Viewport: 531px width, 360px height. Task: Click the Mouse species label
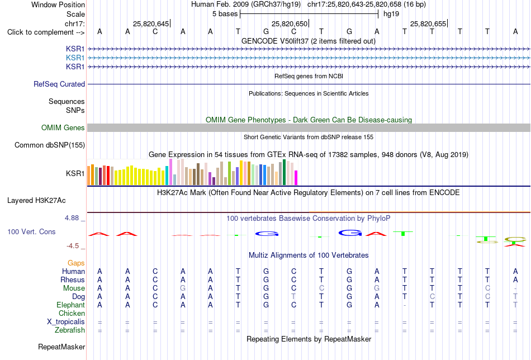point(74,288)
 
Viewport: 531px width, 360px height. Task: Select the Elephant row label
point(70,305)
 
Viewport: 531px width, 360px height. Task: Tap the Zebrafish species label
point(70,330)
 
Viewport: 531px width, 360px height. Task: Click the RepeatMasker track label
point(61,347)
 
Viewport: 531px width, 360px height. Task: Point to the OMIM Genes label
point(63,127)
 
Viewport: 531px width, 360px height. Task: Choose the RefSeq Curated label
point(59,84)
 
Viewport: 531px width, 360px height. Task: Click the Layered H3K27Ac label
point(36,201)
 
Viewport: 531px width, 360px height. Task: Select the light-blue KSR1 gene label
point(75,58)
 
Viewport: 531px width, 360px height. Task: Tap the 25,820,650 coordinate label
point(290,23)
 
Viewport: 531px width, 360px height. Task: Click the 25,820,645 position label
point(151,23)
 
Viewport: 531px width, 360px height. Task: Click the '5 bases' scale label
point(225,14)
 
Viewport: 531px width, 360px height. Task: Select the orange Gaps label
point(76,263)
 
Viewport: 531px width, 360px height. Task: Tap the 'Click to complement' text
point(40,32)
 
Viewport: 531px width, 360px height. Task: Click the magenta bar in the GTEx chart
point(296,178)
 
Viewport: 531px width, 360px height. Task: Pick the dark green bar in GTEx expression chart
point(284,172)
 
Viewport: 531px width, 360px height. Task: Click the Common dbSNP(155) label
point(49,145)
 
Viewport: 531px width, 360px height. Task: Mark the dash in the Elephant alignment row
point(404,305)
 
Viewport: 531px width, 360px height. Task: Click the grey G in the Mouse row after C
point(183,288)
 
